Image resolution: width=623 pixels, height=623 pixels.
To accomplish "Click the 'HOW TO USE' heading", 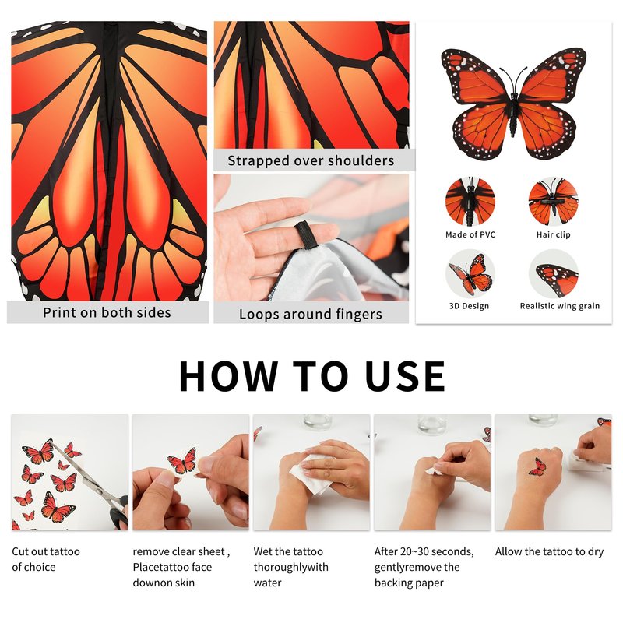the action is (x=312, y=376).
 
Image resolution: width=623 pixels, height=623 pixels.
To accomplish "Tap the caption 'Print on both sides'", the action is (x=107, y=313).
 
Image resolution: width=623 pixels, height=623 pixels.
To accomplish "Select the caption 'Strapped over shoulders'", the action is (x=311, y=160).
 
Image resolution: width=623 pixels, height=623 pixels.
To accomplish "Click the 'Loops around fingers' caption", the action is (x=310, y=315).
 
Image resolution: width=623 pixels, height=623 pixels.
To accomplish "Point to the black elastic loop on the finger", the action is (x=304, y=235).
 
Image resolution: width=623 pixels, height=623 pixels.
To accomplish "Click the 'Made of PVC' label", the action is (x=470, y=234).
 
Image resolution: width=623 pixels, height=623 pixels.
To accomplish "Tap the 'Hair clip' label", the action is (x=553, y=234).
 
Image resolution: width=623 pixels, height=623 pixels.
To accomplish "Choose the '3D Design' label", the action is (x=469, y=306).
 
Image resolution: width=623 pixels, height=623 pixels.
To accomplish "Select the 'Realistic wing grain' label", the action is (x=560, y=306).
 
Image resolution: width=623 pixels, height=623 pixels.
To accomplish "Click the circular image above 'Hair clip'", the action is (x=553, y=202).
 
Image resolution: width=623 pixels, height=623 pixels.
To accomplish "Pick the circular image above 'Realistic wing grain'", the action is (x=553, y=274).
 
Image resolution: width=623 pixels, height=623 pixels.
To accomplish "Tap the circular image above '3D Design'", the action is (x=470, y=274).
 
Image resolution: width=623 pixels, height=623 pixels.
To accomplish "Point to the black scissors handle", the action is (x=119, y=513).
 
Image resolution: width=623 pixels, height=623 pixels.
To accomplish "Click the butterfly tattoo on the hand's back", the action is (x=537, y=467).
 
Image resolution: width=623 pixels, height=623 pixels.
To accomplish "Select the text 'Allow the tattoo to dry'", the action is (x=549, y=552).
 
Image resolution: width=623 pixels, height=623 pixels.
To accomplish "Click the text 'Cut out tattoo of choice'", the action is (x=46, y=559).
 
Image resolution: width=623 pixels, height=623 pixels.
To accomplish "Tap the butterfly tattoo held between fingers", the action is (x=182, y=461).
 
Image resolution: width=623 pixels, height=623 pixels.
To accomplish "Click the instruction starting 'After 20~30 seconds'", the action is (x=424, y=568).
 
